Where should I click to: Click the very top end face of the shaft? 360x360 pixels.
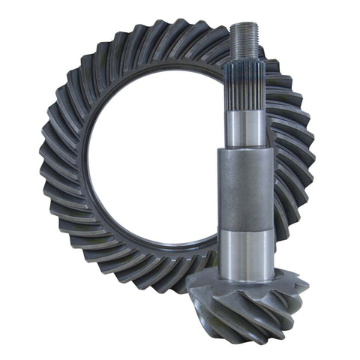(x=246, y=24)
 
